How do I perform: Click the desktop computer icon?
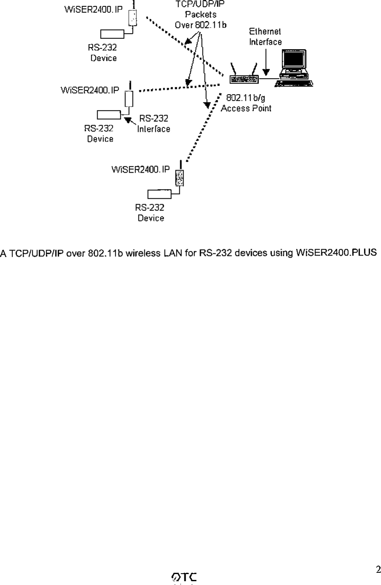[x=294, y=68]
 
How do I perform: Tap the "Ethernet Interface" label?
[x=265, y=37]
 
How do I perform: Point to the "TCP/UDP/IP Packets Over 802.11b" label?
[x=201, y=15]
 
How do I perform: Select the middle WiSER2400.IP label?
[x=90, y=90]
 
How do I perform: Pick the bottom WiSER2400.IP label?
[x=141, y=170]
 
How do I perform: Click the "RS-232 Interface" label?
[x=154, y=124]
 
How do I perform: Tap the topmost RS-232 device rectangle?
[x=112, y=34]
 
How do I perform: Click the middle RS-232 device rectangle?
[x=109, y=114]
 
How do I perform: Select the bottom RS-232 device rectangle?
[x=159, y=194]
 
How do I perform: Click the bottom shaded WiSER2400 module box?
[x=180, y=178]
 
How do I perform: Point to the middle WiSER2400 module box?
[x=130, y=99]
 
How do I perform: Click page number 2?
[x=378, y=570]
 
